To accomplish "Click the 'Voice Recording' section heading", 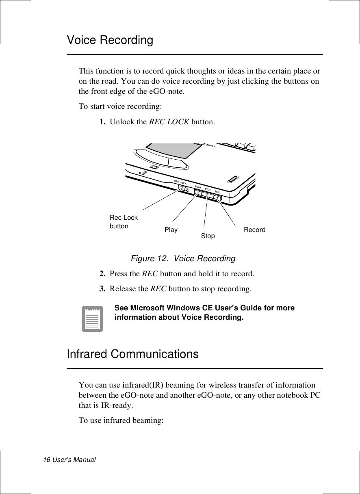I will point(110,41).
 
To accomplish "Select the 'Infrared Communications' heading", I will point(133,354).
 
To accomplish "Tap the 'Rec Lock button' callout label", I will point(124,222).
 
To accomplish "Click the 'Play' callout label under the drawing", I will point(171,230).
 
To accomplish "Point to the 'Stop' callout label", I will point(208,236).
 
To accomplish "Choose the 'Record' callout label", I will point(254,230).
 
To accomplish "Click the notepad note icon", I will point(92,319).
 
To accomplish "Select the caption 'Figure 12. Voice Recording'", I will point(183,258).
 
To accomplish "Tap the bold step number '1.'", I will point(104,121).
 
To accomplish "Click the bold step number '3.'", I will point(104,289).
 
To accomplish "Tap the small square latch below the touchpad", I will point(154,167).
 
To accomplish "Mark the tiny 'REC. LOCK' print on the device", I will point(180,182).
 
